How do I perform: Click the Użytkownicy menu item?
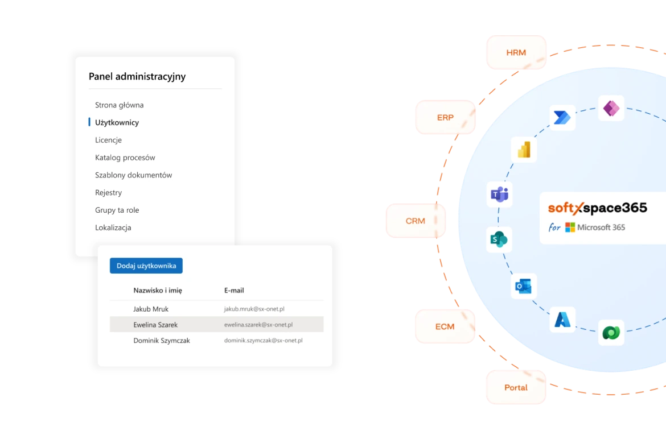click(117, 122)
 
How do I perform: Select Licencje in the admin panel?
click(108, 140)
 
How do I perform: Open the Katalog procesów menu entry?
click(125, 158)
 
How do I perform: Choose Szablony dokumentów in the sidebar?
click(133, 175)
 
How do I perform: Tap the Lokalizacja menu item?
click(113, 227)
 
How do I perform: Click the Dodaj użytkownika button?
click(146, 266)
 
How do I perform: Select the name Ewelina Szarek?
click(155, 325)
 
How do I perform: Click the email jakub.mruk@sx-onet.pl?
click(254, 309)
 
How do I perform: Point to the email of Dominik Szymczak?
click(263, 341)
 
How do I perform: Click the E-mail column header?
click(234, 290)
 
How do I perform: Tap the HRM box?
click(516, 53)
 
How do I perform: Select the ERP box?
click(445, 118)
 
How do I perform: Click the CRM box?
click(415, 221)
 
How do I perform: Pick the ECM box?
click(445, 326)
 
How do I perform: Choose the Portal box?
click(516, 387)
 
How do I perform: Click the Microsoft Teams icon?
click(499, 195)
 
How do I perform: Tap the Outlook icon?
click(524, 286)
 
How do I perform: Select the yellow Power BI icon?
click(524, 149)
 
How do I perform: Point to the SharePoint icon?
click(499, 239)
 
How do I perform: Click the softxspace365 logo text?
click(597, 208)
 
